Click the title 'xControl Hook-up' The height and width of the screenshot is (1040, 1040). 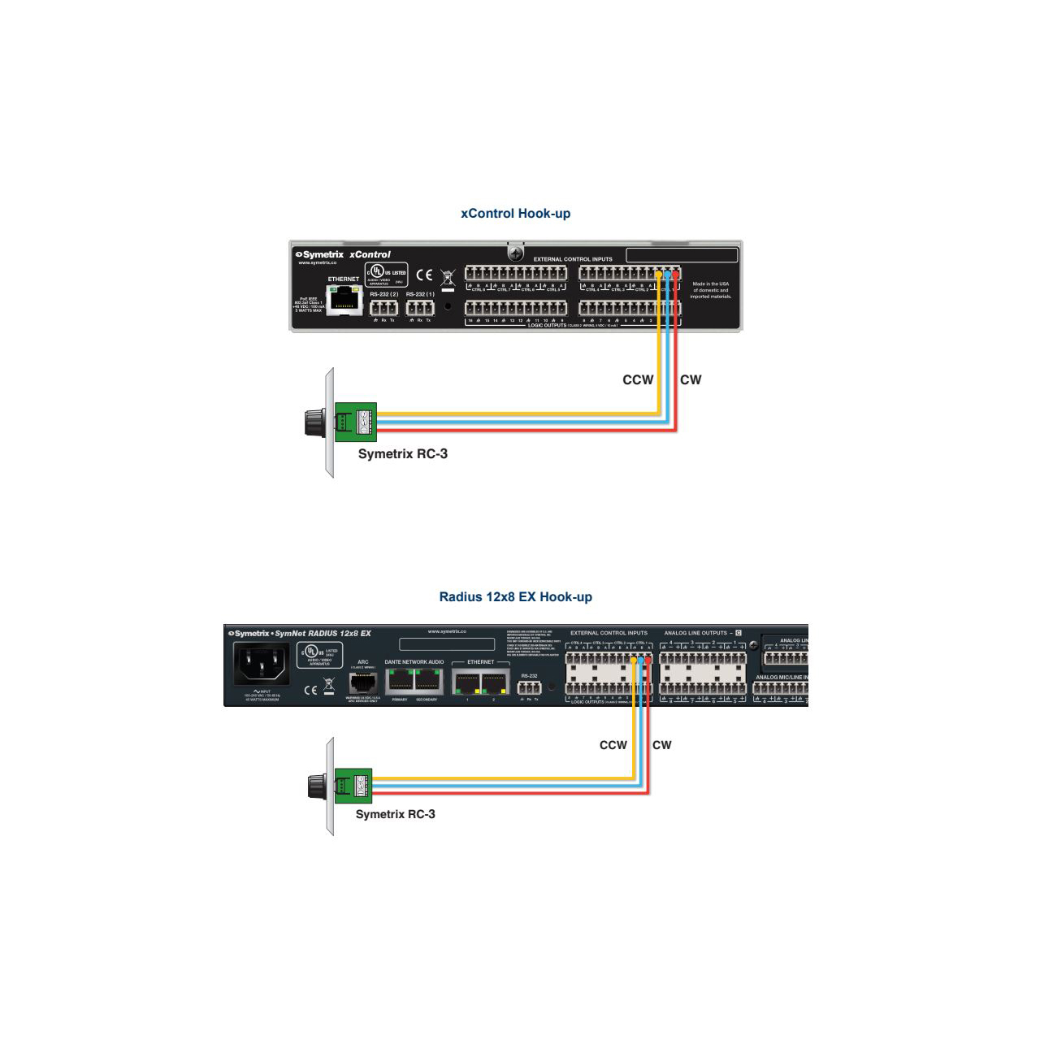515,214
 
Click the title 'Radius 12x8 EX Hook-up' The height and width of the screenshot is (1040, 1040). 515,597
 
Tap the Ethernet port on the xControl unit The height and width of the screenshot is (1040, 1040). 344,300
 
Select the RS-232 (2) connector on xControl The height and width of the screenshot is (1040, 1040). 383,308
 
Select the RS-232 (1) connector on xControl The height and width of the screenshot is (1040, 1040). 419,308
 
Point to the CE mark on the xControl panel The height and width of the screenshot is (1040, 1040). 424,275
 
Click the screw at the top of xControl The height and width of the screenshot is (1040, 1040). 515,255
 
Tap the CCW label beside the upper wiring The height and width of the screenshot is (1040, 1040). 638,379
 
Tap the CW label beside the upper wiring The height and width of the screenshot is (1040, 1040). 691,379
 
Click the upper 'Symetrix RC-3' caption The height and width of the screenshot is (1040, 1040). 403,453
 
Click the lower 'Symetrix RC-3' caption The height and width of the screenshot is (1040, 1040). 396,814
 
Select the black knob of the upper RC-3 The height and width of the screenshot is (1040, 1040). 313,422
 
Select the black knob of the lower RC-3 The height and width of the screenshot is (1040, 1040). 316,786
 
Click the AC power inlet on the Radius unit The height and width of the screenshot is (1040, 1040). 261,665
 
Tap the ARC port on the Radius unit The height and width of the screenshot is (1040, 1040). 362,682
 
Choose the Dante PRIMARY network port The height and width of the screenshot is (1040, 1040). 400,679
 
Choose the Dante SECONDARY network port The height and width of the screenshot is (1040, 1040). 427,679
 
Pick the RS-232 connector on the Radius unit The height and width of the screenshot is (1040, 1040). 529,687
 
